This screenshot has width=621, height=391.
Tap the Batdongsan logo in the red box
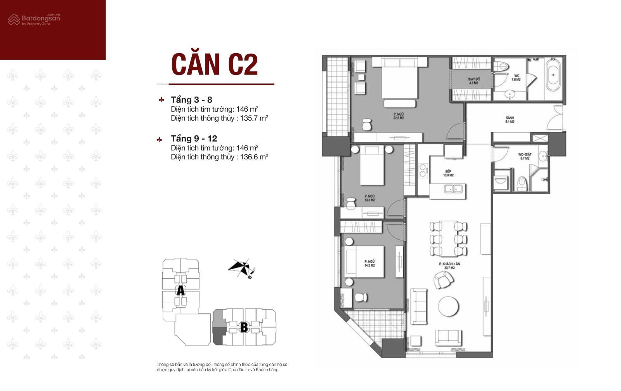coord(34,19)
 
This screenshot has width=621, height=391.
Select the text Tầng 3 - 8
coord(191,100)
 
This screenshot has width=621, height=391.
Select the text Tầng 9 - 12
coord(194,138)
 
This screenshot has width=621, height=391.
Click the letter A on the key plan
coord(180,291)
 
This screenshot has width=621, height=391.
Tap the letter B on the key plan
coord(244,327)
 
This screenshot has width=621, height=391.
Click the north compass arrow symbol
coord(241,268)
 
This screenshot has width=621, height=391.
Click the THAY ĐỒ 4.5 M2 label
coord(473,81)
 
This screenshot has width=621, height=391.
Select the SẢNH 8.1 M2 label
coord(510,119)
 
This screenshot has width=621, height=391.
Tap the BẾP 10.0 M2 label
coord(448,173)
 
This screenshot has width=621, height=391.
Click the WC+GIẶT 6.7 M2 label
coord(525,156)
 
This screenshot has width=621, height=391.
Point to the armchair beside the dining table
coord(442,279)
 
